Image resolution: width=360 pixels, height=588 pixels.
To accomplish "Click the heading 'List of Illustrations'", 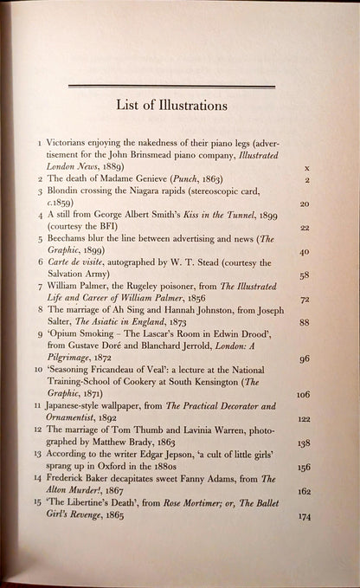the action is click(171, 106).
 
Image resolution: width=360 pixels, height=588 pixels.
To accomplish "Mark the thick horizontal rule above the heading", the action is click(171, 86).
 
